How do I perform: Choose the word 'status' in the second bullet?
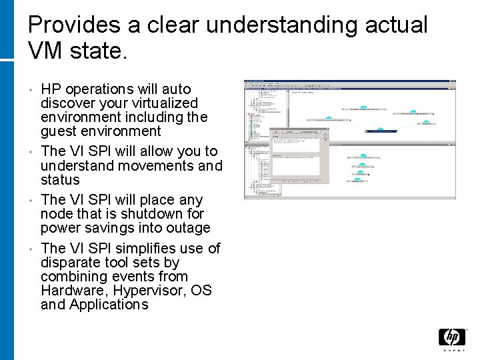[60, 179]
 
